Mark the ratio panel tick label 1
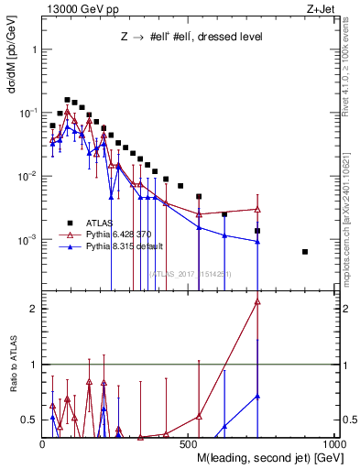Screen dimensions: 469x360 (34, 365)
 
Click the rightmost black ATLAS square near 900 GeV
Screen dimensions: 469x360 (305, 251)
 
